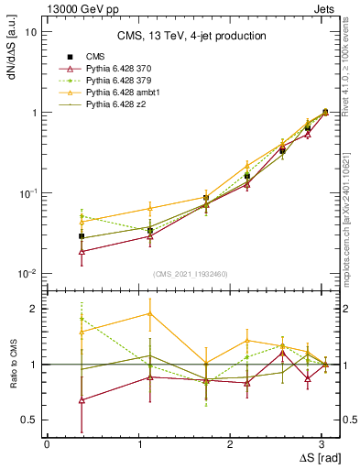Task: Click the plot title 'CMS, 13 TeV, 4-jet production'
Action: point(191,37)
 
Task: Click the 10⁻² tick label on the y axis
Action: point(27,274)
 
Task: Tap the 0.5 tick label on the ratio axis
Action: point(28,420)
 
